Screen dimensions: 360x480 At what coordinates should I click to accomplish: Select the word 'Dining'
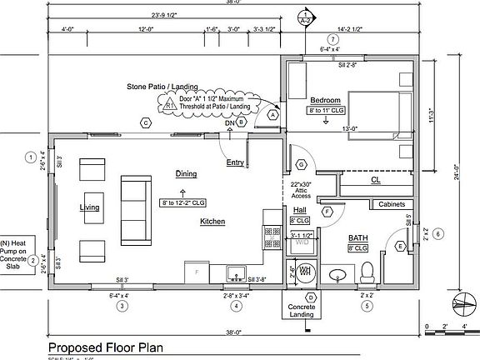tap(186, 173)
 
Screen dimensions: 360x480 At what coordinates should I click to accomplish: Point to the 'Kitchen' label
tap(212, 222)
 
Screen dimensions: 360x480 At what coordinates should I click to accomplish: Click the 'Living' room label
tap(89, 207)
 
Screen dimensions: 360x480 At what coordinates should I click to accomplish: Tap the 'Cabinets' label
tap(392, 204)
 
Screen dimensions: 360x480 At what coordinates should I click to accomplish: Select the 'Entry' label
tap(235, 162)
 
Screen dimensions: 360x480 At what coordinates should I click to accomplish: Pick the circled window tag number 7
tap(332, 39)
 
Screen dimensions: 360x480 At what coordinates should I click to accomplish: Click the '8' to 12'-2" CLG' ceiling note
tap(186, 202)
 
